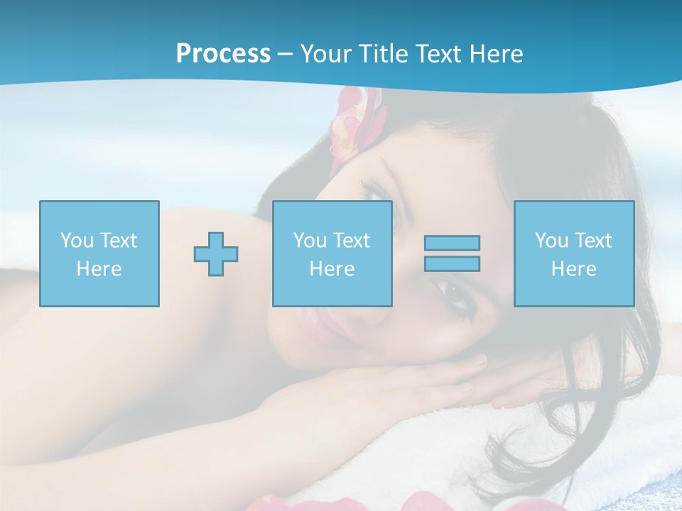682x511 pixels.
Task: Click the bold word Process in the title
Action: [x=223, y=53]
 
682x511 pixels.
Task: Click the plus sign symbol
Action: [x=216, y=254]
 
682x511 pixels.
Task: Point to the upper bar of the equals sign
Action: [x=452, y=243]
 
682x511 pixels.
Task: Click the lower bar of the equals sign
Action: [x=452, y=263]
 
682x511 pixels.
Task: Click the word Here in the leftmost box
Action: [x=99, y=269]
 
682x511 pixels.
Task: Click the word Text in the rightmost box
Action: [x=594, y=241]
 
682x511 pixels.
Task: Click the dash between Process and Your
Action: [x=285, y=54]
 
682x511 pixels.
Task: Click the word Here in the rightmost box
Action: [x=573, y=269]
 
